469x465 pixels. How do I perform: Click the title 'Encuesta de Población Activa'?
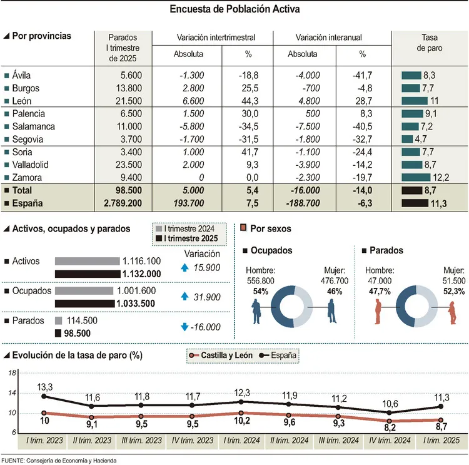coord(234,10)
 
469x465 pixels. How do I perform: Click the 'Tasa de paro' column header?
coord(428,44)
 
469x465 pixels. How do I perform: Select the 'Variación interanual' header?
coord(331,38)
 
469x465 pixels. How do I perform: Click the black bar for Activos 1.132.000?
coord(88,273)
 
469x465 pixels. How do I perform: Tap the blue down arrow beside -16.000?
coord(184,327)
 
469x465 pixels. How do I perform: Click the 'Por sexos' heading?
coord(270,229)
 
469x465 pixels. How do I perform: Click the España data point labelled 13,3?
coord(44,396)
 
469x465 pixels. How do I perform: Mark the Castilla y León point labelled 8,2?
coord(391,421)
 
